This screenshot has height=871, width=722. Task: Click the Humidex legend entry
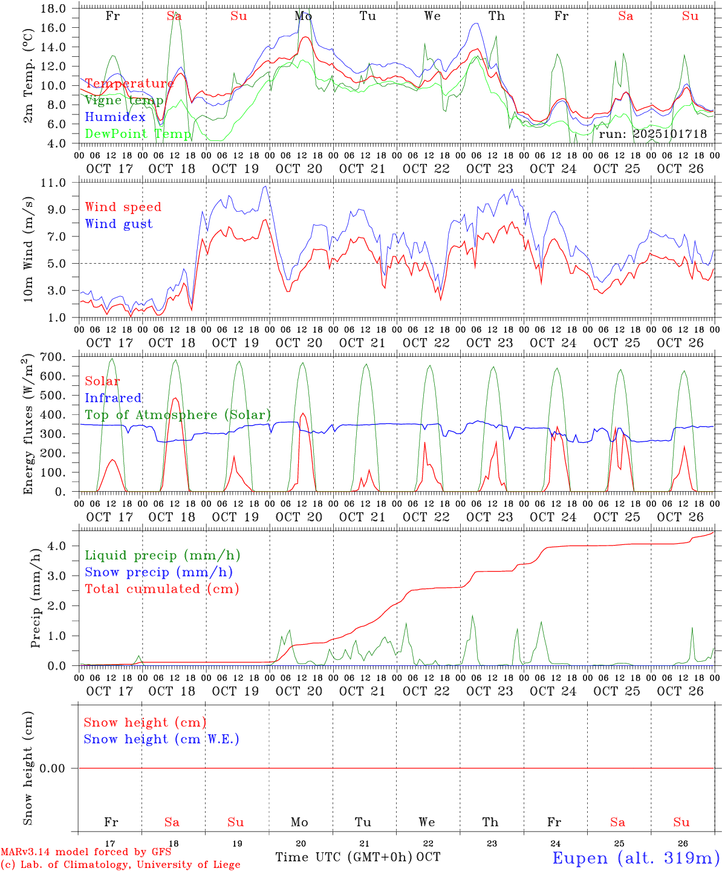click(x=115, y=117)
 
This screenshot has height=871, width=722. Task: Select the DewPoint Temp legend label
click(x=138, y=134)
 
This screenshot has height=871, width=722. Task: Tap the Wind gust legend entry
click(x=119, y=224)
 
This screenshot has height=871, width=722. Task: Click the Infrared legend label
click(x=113, y=398)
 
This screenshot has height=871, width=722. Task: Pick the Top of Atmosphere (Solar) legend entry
click(x=178, y=415)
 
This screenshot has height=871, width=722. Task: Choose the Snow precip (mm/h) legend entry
click(x=158, y=572)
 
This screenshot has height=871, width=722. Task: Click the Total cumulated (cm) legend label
click(x=161, y=589)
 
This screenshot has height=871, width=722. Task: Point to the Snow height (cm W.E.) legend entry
click(x=161, y=739)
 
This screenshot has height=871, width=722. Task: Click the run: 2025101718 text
click(x=652, y=134)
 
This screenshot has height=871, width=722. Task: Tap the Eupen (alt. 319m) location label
click(x=636, y=858)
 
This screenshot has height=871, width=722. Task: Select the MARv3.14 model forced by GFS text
click(x=86, y=852)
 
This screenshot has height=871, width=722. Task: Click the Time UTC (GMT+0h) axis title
click(x=344, y=857)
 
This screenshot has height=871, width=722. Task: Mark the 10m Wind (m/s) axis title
click(x=29, y=249)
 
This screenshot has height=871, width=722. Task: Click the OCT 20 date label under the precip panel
click(x=299, y=691)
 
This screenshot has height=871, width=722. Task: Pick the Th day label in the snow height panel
click(x=490, y=822)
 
